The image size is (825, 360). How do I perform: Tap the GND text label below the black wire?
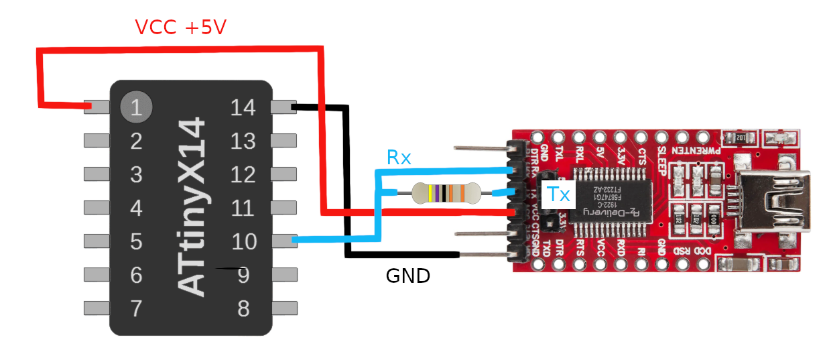pos(407,276)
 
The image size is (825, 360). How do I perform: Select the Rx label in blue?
pos(399,158)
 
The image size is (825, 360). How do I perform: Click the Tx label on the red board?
pos(558,195)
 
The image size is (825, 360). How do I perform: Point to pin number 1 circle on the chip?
pos(137,107)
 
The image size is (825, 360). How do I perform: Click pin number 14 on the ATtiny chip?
pos(243,107)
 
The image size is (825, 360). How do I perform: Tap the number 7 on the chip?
pos(137,309)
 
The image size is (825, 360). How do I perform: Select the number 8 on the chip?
pos(243,309)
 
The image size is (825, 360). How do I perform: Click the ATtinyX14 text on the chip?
pos(193,207)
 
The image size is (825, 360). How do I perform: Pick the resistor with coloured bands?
pos(446,193)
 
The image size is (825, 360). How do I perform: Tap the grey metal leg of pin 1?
pos(97,107)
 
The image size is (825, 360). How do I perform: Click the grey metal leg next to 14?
pos(283,107)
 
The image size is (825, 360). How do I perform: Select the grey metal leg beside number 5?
pos(97,241)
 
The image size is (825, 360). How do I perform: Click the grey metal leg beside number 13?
pos(283,141)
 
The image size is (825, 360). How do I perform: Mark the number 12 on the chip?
pos(243,175)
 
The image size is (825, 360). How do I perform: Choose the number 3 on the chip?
pos(137,175)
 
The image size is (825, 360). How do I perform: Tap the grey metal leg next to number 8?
pos(283,308)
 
